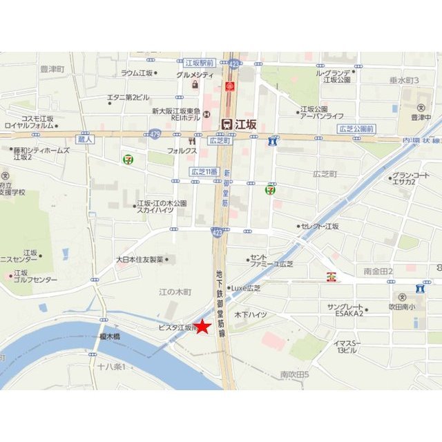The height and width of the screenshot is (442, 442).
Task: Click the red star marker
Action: (202, 327)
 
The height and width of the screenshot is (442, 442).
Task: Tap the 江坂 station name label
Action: (245, 124)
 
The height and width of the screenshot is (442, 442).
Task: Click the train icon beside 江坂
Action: (227, 124)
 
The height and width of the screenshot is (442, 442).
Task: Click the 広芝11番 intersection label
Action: (204, 171)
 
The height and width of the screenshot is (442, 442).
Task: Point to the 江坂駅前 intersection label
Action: (200, 62)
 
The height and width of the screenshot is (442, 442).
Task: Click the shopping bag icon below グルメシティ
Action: (195, 85)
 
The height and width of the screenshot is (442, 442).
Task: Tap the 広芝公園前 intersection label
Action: (356, 129)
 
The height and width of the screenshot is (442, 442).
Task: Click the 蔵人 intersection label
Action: (86, 140)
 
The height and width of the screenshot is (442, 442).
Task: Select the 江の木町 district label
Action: (175, 292)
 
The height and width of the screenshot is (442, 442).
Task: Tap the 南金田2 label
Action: (378, 271)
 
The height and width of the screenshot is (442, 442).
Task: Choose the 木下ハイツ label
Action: (251, 315)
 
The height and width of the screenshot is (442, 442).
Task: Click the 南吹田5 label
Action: (295, 375)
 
